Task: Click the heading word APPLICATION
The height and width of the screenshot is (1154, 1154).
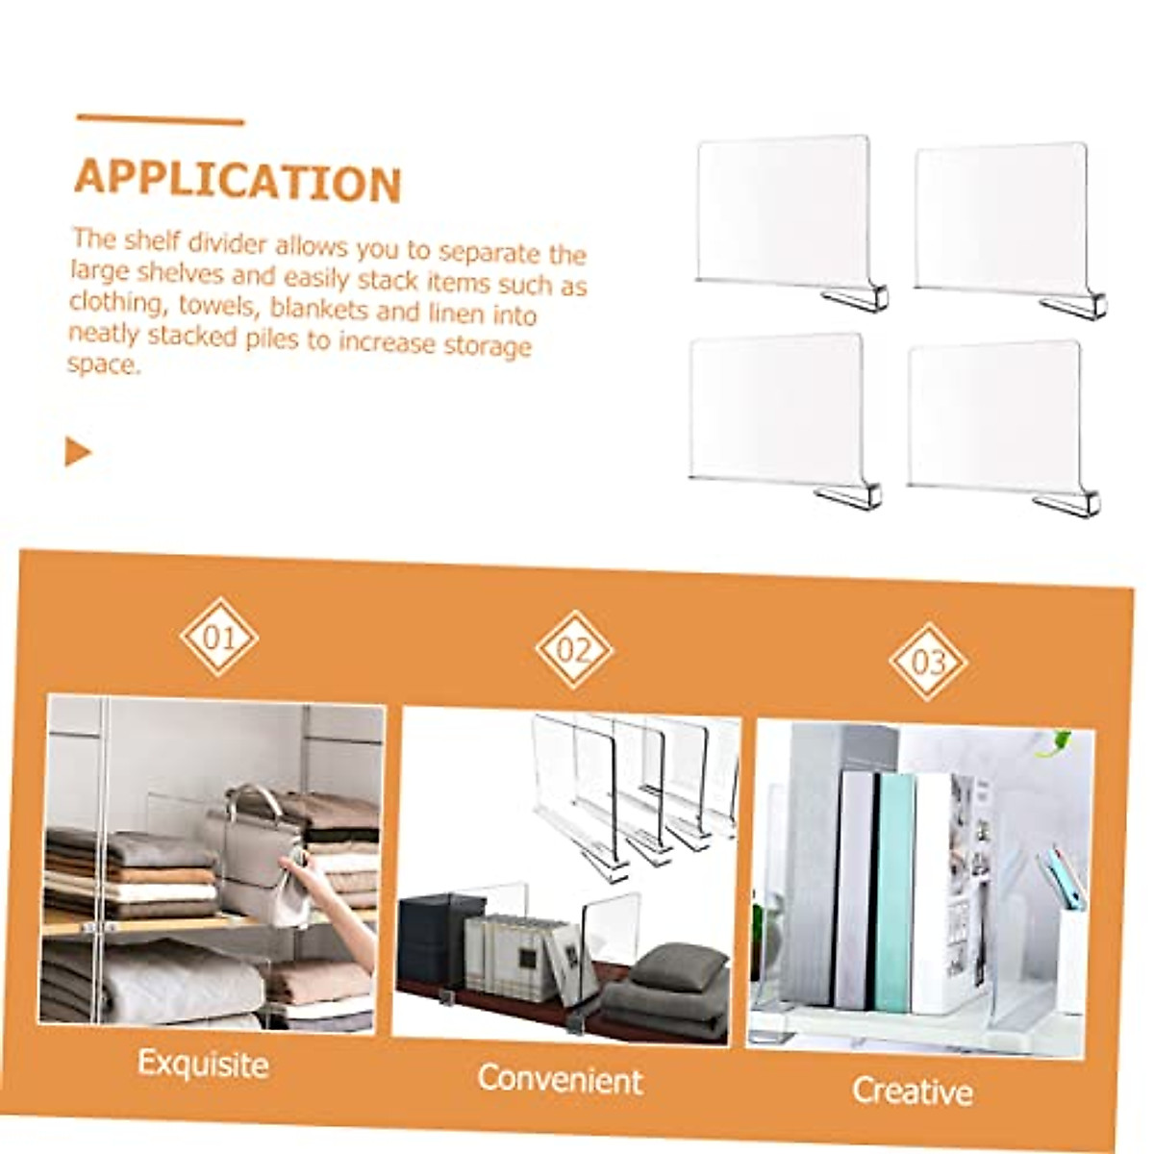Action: [238, 181]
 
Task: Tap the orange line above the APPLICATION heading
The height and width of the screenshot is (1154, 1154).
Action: [160, 120]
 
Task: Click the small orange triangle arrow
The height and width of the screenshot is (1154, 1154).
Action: [77, 451]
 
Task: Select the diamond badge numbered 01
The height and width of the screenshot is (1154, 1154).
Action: [218, 637]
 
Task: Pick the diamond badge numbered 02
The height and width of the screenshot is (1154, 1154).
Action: [574, 649]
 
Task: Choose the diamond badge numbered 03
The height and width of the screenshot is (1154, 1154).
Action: [928, 662]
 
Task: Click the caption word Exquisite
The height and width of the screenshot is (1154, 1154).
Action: [203, 1064]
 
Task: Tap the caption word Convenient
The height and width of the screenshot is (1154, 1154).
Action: [560, 1079]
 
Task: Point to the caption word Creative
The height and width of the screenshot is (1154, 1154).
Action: [912, 1091]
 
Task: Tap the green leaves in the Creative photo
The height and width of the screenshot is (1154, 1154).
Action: [1058, 741]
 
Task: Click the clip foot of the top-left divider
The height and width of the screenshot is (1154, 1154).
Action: [856, 298]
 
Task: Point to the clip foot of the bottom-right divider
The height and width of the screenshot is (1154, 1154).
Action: [1067, 503]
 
